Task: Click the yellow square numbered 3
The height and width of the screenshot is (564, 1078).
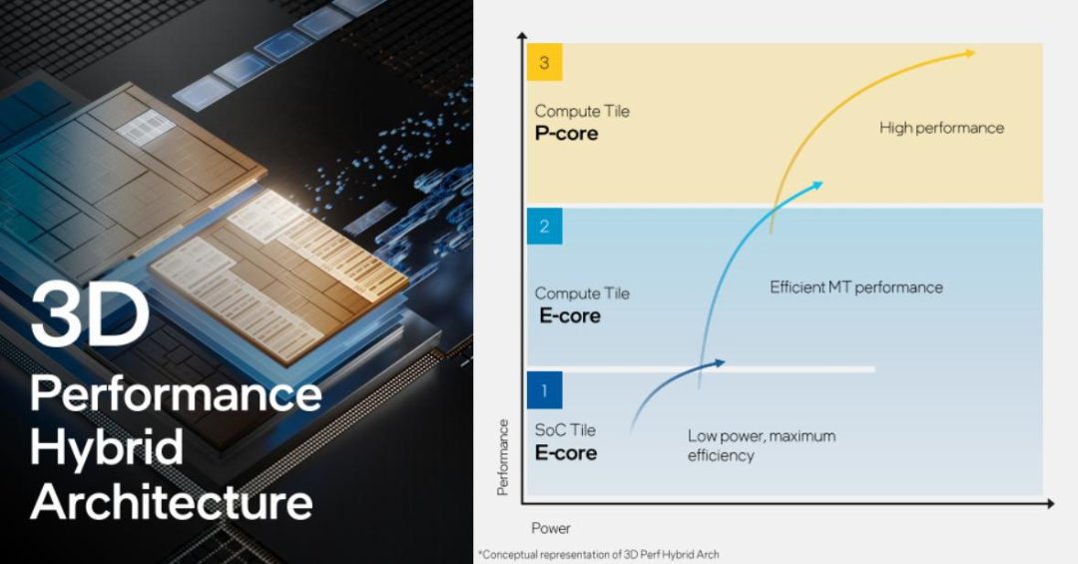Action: tap(545, 63)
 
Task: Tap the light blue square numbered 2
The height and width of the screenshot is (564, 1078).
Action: tap(545, 227)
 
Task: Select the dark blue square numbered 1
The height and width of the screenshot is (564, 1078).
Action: tap(545, 390)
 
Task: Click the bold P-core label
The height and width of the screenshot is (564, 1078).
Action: tap(567, 134)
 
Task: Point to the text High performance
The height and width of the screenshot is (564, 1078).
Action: tap(941, 128)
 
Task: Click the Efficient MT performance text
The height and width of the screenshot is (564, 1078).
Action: tap(856, 287)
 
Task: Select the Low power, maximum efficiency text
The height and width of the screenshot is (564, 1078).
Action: tap(762, 445)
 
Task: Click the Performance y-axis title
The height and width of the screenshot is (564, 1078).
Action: tap(502, 457)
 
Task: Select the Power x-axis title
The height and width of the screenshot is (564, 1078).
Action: tap(551, 528)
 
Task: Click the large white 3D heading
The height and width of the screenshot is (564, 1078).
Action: tap(90, 316)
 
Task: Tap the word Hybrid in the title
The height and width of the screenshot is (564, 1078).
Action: tap(107, 447)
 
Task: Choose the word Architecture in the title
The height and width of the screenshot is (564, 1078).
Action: tap(172, 501)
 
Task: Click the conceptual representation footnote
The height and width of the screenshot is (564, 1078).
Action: tap(599, 554)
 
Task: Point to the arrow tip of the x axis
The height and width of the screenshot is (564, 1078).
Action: tap(1053, 504)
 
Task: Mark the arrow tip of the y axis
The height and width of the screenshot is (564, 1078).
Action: tap(522, 34)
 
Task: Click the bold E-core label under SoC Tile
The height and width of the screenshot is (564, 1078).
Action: tap(566, 453)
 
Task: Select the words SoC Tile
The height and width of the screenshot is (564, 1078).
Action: tap(565, 430)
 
